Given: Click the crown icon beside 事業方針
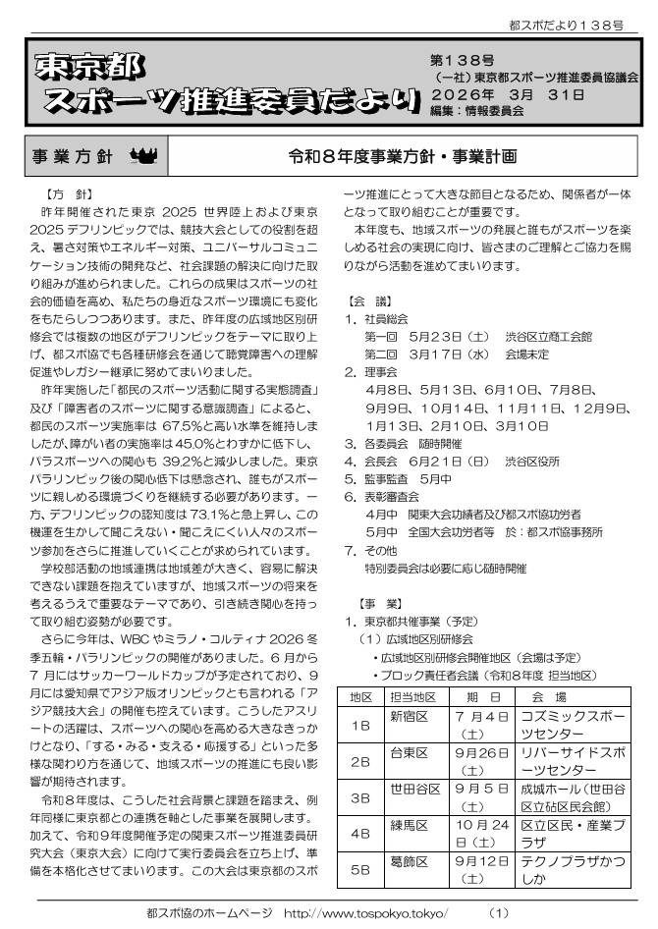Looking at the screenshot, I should (x=143, y=156).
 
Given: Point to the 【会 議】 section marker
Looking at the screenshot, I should (x=370, y=301).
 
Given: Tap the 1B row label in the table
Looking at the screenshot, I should (x=360, y=727).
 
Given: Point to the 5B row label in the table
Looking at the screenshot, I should (x=360, y=868).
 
